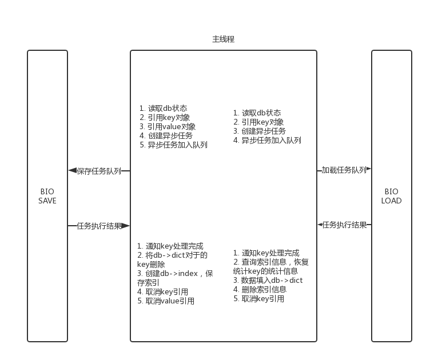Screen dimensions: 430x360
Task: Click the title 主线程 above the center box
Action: click(223, 39)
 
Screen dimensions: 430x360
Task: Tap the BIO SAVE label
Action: click(47, 196)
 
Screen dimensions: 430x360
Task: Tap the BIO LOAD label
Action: click(391, 196)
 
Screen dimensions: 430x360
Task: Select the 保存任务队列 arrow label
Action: click(99, 171)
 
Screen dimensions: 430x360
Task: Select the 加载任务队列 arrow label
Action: click(343, 170)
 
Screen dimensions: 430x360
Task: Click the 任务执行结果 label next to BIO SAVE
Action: click(99, 226)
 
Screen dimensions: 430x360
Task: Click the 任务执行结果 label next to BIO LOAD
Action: click(344, 225)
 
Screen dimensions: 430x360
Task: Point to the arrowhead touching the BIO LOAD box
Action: click(369, 170)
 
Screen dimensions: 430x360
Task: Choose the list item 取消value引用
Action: click(166, 301)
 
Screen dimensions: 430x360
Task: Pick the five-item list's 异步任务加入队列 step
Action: click(173, 145)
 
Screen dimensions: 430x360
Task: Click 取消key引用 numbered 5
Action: click(258, 299)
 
